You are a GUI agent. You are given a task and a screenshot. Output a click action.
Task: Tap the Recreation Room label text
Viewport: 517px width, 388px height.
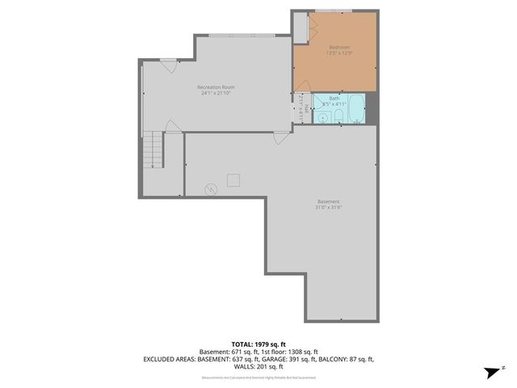tap(216, 87)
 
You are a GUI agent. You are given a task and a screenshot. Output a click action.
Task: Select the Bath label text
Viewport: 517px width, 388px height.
tap(334, 98)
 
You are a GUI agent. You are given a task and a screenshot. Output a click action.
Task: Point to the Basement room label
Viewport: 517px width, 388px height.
tap(328, 201)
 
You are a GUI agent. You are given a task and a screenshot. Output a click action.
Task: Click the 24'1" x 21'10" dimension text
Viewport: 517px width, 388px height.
tap(216, 94)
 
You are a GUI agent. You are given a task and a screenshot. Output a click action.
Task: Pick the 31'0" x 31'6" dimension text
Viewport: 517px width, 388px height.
tap(328, 208)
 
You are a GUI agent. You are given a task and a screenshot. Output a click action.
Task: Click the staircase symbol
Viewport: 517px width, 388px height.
tap(153, 150)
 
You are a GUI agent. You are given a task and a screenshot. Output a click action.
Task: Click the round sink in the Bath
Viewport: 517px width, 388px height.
tap(322, 118)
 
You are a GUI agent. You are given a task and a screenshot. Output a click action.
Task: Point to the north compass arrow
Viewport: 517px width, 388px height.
tap(491, 372)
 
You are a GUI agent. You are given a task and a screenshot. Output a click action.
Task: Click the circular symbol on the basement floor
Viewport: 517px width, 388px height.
tap(211, 189)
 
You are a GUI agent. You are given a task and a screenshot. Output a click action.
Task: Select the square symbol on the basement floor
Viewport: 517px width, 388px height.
tap(233, 179)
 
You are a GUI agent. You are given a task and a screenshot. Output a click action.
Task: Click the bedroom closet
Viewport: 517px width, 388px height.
tap(301, 27)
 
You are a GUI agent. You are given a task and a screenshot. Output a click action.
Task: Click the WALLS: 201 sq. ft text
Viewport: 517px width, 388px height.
tap(258, 365)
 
